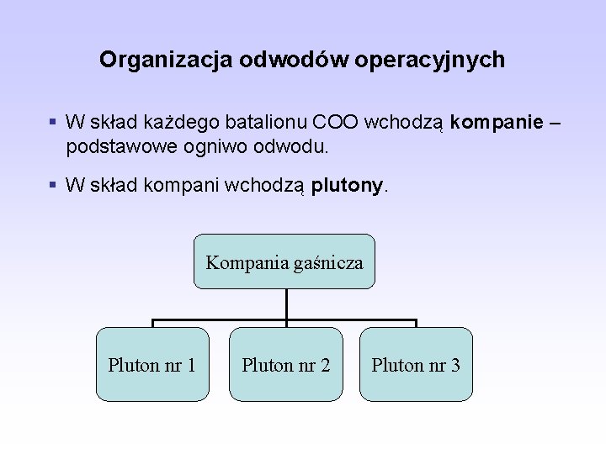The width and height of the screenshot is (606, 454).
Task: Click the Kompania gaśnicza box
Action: [x=284, y=261]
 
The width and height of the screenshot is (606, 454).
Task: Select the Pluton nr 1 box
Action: [x=152, y=364]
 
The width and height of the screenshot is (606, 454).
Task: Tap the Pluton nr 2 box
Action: [x=286, y=364]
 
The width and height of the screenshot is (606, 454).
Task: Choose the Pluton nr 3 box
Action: [x=416, y=364]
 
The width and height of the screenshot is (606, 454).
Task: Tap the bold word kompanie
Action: [x=497, y=123]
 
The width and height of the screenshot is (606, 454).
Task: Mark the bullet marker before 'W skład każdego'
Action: [x=53, y=123]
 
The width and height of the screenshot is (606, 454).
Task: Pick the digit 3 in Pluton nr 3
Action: [x=455, y=365]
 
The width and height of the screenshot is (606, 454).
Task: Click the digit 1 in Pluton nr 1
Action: [x=192, y=365]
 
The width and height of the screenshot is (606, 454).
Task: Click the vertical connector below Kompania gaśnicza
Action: [x=286, y=304]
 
